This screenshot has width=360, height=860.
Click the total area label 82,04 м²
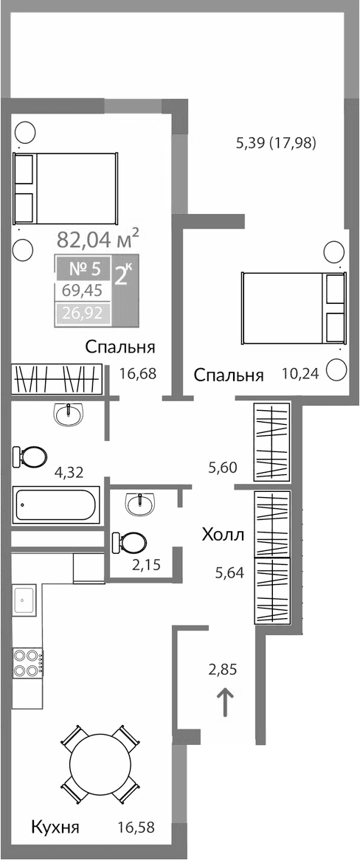pyautogui.click(x=98, y=239)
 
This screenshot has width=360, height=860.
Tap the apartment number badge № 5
pyautogui.click(x=83, y=268)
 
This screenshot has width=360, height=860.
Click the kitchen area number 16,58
pyautogui.click(x=135, y=827)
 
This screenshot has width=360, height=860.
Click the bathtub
pyautogui.click(x=55, y=505)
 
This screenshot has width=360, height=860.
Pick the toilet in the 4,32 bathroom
pyautogui.click(x=30, y=457)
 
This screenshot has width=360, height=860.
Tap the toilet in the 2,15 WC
pyautogui.click(x=130, y=543)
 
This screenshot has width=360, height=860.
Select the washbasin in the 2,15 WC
pyautogui.click(x=140, y=504)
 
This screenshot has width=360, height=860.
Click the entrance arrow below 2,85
pyautogui.click(x=225, y=701)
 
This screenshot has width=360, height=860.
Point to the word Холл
pyautogui.click(x=223, y=534)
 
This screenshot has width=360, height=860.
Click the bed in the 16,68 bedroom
pyautogui.click(x=67, y=189)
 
